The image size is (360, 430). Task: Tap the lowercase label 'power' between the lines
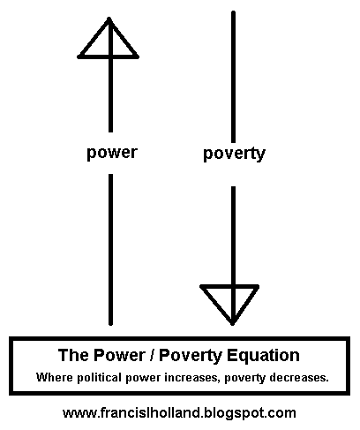click(112, 153)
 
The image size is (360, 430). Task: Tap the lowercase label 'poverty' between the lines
click(234, 154)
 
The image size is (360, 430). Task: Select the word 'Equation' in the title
click(264, 356)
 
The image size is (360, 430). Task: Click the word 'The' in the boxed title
click(74, 355)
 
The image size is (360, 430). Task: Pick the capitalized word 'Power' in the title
click(120, 355)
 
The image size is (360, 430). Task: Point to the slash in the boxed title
click(153, 355)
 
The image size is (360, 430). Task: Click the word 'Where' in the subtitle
click(55, 377)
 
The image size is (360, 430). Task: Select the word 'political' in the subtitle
click(100, 378)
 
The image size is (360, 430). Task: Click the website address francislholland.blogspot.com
click(179, 412)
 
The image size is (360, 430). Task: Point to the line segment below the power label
click(110, 250)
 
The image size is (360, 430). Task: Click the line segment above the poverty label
click(233, 77)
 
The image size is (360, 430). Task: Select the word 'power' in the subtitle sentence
click(143, 378)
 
